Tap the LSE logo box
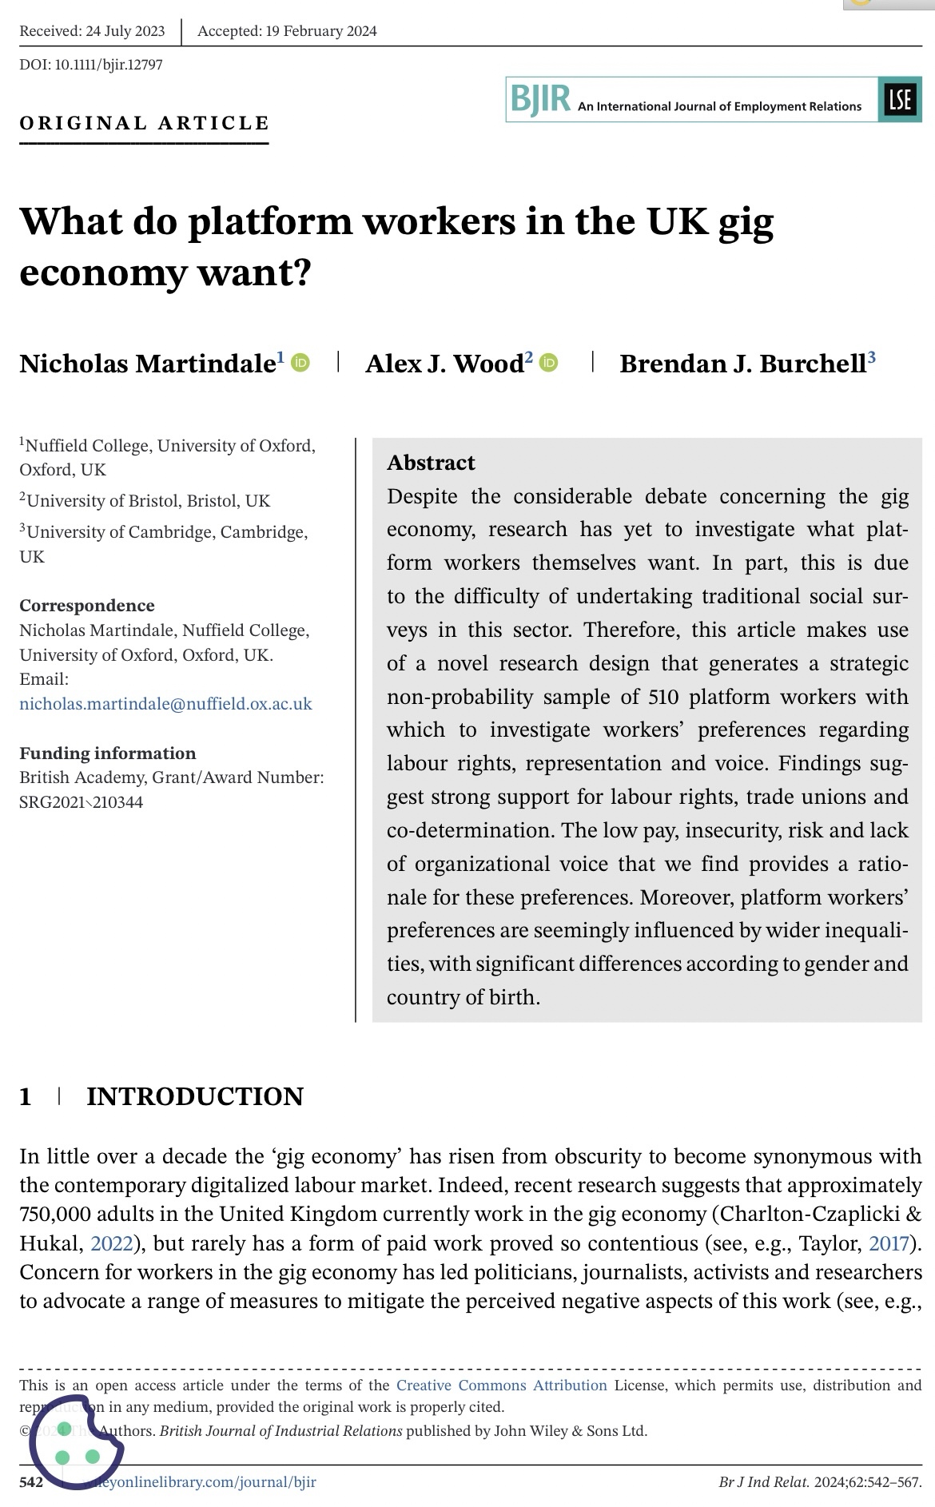point(899,100)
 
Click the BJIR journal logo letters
point(541,100)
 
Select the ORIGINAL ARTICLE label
point(145,123)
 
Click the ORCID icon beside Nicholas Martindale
point(300,363)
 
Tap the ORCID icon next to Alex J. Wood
point(549,363)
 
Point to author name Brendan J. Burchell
point(742,364)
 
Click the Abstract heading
point(431,463)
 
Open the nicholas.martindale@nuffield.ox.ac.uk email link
point(165,704)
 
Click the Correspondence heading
point(87,605)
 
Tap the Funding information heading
point(107,753)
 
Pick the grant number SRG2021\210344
point(82,801)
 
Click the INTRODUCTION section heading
point(194,1096)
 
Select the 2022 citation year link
point(111,1243)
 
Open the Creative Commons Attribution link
point(501,1386)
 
